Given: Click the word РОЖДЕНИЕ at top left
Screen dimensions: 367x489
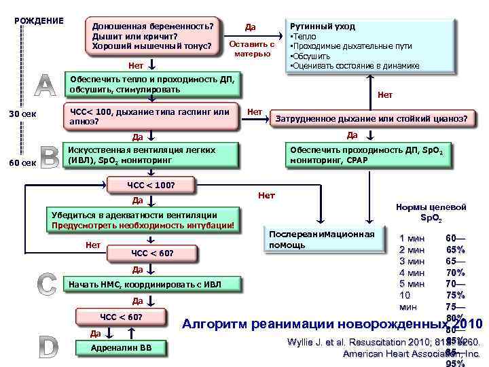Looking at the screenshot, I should click(x=39, y=20).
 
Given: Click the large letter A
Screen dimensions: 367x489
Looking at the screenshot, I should click(x=44, y=84).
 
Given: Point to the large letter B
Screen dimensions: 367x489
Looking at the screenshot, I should click(x=50, y=158).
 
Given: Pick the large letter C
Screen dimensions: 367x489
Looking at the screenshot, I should click(x=47, y=283).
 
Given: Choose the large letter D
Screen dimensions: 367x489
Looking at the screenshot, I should click(x=47, y=347).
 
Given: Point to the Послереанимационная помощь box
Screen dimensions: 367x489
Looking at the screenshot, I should click(x=322, y=239).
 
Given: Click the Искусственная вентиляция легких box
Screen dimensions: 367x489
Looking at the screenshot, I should click(x=150, y=155).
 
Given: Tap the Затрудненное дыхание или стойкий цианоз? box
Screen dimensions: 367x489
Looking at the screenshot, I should click(x=370, y=118).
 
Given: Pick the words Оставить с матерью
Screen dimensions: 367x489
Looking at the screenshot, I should click(x=251, y=48).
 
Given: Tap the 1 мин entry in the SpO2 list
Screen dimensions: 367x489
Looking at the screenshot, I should click(x=412, y=239).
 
